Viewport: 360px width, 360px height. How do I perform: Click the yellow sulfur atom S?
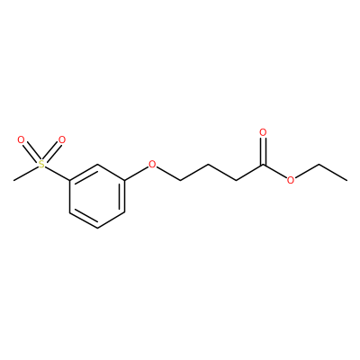pyautogui.click(x=41, y=164)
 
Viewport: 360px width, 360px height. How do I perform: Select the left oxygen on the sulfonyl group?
pyautogui.click(x=21, y=139)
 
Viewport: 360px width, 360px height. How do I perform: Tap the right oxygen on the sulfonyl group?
pyautogui.click(x=62, y=139)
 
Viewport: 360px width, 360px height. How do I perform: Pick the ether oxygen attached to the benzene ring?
pyautogui.click(x=153, y=164)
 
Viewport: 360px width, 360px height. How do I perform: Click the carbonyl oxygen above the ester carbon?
pyautogui.click(x=264, y=132)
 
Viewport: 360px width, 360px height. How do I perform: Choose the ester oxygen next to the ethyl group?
pyautogui.click(x=290, y=180)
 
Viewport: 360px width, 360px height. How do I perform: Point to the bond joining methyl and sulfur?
pyautogui.click(x=26, y=174)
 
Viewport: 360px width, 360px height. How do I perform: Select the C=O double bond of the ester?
pyautogui.click(x=264, y=150)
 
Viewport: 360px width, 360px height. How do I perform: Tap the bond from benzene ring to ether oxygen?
pyautogui.click(x=137, y=173)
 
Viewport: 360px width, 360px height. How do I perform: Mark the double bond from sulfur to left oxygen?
pyautogui.click(x=31, y=151)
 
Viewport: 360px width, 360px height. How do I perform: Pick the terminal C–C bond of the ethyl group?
pyautogui.click(x=333, y=172)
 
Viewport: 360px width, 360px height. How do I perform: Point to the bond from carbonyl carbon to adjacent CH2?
pyautogui.click(x=250, y=172)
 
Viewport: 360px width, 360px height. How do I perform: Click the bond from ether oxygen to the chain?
pyautogui.click(x=168, y=173)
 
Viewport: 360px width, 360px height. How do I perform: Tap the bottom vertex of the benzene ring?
pyautogui.click(x=97, y=229)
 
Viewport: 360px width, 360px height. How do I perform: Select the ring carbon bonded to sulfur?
pyautogui.click(x=70, y=181)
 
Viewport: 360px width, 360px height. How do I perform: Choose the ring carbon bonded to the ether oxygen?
pyautogui.click(x=124, y=181)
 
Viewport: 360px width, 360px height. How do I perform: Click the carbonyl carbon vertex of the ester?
pyautogui.click(x=264, y=165)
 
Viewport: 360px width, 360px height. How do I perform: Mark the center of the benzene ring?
pyautogui.click(x=97, y=196)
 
